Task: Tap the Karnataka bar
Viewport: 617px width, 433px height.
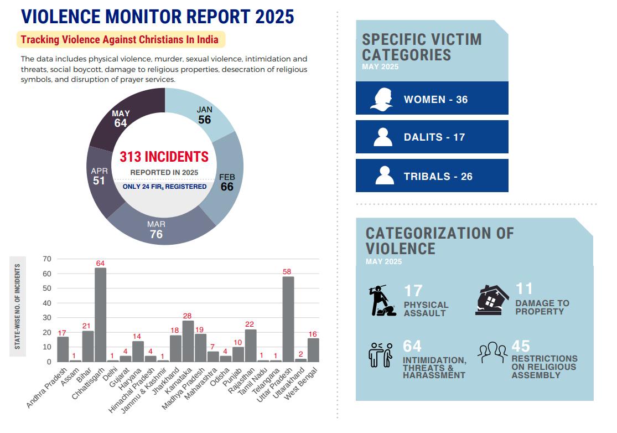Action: (x=188, y=341)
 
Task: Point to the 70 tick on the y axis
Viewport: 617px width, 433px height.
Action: (x=46, y=259)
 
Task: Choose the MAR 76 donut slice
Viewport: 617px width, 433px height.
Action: (x=157, y=229)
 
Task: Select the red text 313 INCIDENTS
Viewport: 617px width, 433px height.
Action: (x=164, y=157)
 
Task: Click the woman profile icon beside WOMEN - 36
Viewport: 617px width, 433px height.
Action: (x=382, y=99)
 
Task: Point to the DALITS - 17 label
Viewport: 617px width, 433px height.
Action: (x=434, y=137)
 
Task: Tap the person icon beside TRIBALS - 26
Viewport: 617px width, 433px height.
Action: (x=384, y=176)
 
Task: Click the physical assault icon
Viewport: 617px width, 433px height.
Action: (x=382, y=301)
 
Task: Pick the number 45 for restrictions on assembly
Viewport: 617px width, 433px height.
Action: (x=521, y=346)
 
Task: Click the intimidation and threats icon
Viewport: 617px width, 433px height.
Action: (x=381, y=355)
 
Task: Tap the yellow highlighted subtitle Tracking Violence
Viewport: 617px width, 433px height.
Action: (x=120, y=39)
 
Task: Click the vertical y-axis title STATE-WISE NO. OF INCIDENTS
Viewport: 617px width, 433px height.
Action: (x=18, y=306)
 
